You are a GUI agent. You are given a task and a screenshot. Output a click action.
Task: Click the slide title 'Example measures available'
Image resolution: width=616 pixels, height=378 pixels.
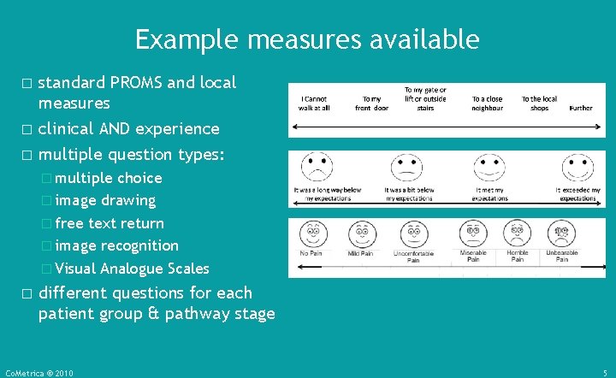click(307, 39)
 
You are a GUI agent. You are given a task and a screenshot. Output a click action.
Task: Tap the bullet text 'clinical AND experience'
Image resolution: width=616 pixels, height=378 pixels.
click(128, 129)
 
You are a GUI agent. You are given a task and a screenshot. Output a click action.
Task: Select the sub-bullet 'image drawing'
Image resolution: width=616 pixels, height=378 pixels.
click(105, 200)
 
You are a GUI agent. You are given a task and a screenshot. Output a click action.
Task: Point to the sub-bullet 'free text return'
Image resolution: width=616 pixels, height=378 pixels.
click(110, 223)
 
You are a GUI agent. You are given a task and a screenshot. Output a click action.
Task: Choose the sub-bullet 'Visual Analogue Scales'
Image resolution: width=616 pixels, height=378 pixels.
click(132, 268)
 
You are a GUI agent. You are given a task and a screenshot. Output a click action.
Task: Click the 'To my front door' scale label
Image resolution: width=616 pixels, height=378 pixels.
click(371, 103)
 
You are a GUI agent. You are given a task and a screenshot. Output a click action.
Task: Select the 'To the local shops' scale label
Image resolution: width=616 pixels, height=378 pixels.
click(539, 103)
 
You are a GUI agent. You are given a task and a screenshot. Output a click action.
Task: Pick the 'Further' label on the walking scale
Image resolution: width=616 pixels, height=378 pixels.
click(581, 109)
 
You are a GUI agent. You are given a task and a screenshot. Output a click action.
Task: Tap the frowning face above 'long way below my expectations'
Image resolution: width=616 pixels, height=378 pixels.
click(316, 167)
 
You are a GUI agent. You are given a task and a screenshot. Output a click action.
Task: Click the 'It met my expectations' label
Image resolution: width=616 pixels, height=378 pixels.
click(489, 194)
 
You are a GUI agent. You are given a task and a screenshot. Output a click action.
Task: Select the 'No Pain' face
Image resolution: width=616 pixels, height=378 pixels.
click(311, 233)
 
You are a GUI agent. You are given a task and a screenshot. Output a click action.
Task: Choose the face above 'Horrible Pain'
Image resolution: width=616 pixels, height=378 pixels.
click(517, 233)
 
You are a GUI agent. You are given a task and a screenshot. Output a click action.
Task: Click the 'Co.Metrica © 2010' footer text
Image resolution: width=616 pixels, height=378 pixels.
click(39, 373)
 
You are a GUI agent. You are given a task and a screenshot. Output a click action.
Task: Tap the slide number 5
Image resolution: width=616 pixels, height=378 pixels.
click(605, 373)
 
